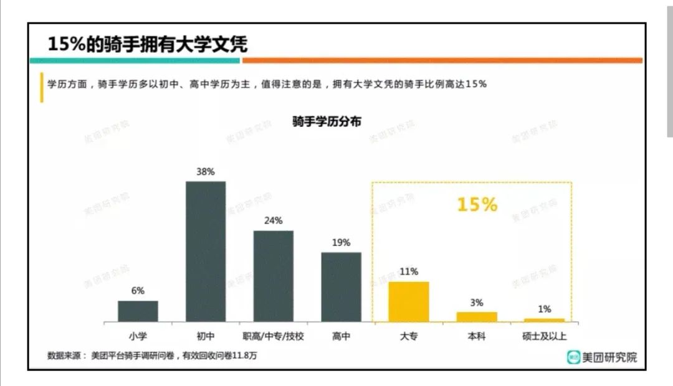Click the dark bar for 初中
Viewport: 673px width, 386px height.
[x=206, y=252]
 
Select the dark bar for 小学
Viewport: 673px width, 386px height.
[x=138, y=311]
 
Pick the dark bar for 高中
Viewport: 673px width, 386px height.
[x=341, y=287]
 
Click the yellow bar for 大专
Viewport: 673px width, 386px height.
[x=409, y=301]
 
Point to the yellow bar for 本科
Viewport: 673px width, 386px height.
[x=477, y=317]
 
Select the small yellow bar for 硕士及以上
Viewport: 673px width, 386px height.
[x=544, y=320]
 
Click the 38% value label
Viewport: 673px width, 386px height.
[x=206, y=171]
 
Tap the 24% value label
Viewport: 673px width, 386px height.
[x=273, y=220]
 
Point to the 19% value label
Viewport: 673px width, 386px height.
[x=341, y=242]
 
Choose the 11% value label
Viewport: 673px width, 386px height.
[x=409, y=271]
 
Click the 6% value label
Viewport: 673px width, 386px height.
[x=138, y=291]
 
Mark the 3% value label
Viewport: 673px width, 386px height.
[x=477, y=303]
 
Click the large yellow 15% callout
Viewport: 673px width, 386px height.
[x=477, y=205]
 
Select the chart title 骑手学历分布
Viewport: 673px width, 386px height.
[x=327, y=121]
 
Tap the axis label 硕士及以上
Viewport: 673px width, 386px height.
[x=545, y=336]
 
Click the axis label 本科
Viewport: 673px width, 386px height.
[x=477, y=336]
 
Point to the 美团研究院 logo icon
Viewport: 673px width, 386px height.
[x=573, y=357]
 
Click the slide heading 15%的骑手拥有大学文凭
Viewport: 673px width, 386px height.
[x=148, y=44]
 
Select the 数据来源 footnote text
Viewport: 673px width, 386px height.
[x=152, y=355]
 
